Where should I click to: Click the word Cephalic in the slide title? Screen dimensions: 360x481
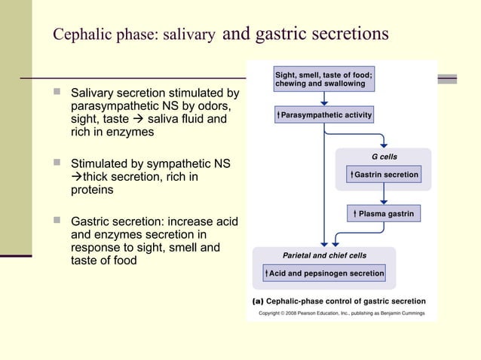pos(81,35)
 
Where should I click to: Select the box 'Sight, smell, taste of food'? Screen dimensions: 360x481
pos(324,79)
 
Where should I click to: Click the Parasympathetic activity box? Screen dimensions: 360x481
pos(324,115)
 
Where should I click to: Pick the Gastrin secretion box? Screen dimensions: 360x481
pos(384,174)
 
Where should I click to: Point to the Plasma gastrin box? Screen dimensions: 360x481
pos(384,214)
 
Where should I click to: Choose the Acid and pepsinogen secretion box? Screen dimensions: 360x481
pos(324,273)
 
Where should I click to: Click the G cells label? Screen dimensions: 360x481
pos(384,157)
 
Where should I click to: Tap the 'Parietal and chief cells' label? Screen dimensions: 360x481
pos(324,255)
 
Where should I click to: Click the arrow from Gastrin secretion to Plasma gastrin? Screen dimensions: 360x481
pos(384,194)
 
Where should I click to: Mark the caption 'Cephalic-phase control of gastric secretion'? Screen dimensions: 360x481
pos(346,301)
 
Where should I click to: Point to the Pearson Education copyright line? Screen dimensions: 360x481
pos(342,313)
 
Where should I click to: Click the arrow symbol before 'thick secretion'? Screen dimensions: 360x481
pos(76,177)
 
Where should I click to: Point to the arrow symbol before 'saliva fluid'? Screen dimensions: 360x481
pos(139,119)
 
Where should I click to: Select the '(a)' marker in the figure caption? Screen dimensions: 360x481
pos(258,301)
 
